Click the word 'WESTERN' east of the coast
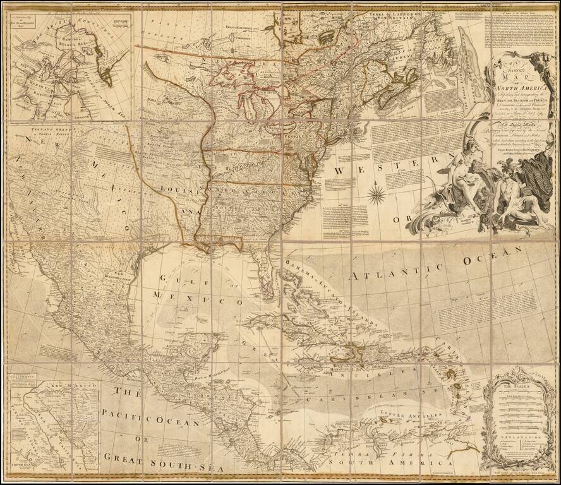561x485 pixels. pos(385,155)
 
